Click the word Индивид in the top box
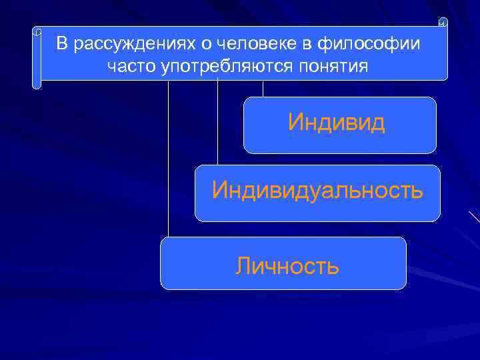pos(337,123)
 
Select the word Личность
pos(287,267)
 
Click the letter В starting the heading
pos(62,45)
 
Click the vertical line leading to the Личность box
pos(168,160)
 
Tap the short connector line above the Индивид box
pos(263,89)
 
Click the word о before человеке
pos(201,45)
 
